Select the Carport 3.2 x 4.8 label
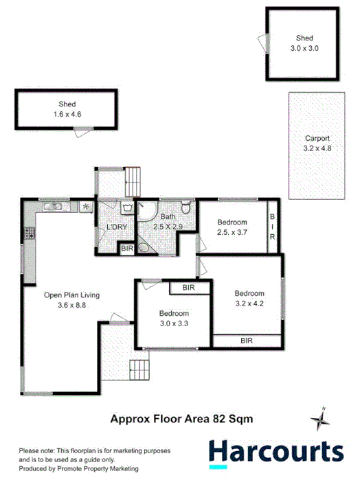317,142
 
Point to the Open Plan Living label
71,300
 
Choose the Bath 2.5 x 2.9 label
168,221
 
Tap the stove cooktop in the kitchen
29,233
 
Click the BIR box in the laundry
126,249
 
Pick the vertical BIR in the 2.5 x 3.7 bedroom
272,225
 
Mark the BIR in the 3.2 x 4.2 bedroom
246,340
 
